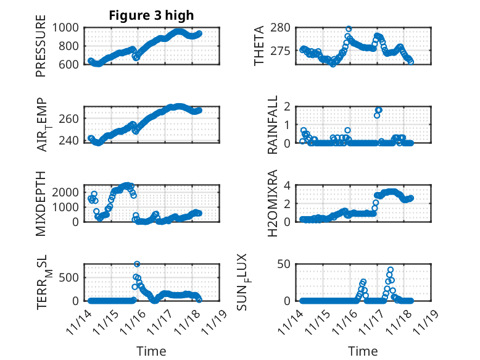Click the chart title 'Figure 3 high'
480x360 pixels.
(151, 15)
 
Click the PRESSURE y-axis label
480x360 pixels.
(41, 50)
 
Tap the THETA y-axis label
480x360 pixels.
(260, 46)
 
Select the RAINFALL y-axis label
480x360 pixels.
(272, 125)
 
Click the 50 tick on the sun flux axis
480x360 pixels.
(283, 265)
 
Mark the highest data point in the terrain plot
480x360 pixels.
(137, 264)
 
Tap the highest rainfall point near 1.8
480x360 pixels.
(379, 110)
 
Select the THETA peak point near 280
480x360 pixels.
(349, 29)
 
